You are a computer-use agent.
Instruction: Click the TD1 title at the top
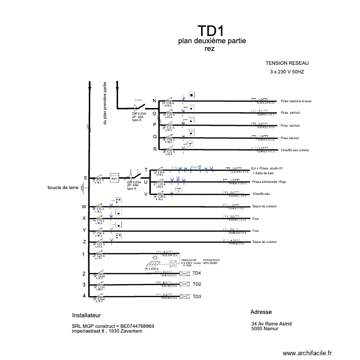pos(212,32)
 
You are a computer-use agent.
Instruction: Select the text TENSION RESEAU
pos(287,63)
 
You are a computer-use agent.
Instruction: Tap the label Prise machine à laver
pos(296,101)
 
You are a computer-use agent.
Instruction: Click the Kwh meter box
pos(114,179)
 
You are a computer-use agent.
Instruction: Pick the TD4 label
pos(197,274)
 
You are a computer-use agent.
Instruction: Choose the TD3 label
pos(197,297)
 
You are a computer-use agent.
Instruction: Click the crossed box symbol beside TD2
pos(184,285)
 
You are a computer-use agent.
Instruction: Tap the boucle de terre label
pos(63,188)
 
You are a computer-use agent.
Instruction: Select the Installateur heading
pos(86,316)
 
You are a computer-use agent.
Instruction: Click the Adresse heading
pos(261,312)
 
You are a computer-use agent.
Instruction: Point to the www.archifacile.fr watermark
pos(307,353)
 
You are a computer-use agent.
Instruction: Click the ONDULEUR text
pos(189,259)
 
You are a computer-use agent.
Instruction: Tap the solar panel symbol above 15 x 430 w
pos(154,264)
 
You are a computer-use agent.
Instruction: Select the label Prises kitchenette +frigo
pos(272,182)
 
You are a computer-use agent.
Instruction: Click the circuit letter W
pos(84,207)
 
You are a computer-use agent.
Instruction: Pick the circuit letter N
pos(155,100)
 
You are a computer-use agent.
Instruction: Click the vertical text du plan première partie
pos(105,104)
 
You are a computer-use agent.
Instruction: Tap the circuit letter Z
pos(84,241)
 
